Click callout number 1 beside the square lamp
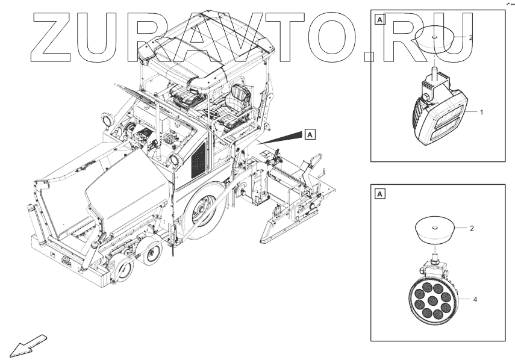482,112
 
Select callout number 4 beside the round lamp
475,299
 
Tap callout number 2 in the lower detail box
472,229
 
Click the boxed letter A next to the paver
310,134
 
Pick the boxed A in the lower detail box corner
379,193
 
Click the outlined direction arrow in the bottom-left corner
25,344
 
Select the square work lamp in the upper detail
440,112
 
